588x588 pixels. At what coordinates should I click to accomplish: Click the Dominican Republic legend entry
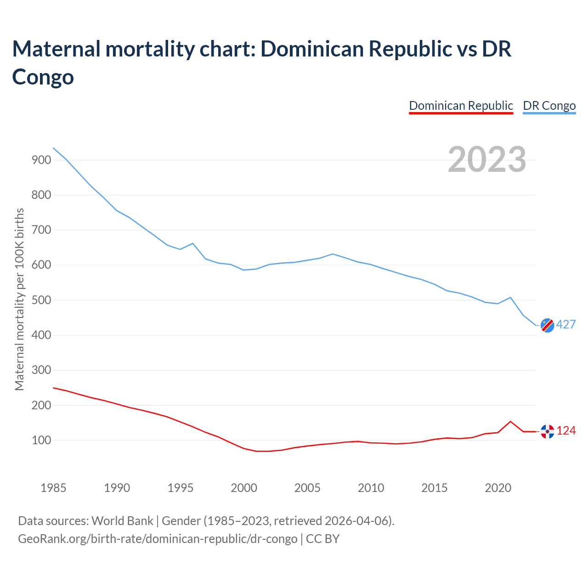tap(461, 106)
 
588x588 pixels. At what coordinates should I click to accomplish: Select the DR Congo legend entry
tap(549, 106)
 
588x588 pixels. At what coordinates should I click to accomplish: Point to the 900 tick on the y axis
tap(41, 160)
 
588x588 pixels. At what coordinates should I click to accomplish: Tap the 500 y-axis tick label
tap(41, 300)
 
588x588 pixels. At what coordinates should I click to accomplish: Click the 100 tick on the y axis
tap(41, 441)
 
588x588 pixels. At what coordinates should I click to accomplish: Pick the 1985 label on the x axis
tap(53, 488)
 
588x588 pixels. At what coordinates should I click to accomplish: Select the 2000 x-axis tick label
tap(244, 488)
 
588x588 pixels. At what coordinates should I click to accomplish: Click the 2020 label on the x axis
tap(498, 488)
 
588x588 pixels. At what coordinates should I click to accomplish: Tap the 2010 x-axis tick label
tap(371, 488)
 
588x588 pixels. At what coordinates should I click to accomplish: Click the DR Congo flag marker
tap(547, 325)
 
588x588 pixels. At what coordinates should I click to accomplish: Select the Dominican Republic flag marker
tap(547, 431)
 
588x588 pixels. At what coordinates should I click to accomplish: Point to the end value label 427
tap(566, 325)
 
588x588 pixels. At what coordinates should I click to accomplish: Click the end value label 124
tap(566, 431)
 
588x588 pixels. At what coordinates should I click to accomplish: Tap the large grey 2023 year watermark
tap(487, 159)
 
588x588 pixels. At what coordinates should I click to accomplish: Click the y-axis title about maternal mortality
tap(19, 300)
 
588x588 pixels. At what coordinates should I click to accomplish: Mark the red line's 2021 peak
tap(510, 421)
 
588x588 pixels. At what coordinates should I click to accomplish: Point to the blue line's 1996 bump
tap(192, 243)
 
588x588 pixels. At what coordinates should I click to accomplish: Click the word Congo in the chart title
tap(43, 76)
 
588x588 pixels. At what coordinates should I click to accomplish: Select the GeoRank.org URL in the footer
tap(158, 538)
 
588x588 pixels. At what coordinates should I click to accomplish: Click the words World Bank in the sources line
tap(122, 521)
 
